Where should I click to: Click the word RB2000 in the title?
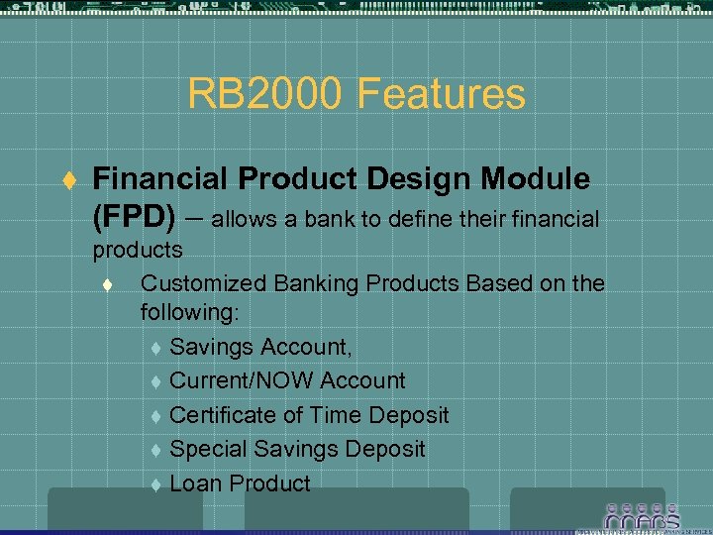[x=264, y=94]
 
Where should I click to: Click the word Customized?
[x=200, y=282]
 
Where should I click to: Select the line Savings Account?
[x=260, y=347]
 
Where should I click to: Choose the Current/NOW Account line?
[x=287, y=380]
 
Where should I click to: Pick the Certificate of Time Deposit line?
[x=309, y=415]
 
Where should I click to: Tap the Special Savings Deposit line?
[x=297, y=449]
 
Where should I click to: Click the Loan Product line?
[x=240, y=483]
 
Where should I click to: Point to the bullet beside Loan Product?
[x=155, y=484]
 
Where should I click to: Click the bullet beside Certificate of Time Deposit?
[x=155, y=416]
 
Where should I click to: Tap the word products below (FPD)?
[x=137, y=250]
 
